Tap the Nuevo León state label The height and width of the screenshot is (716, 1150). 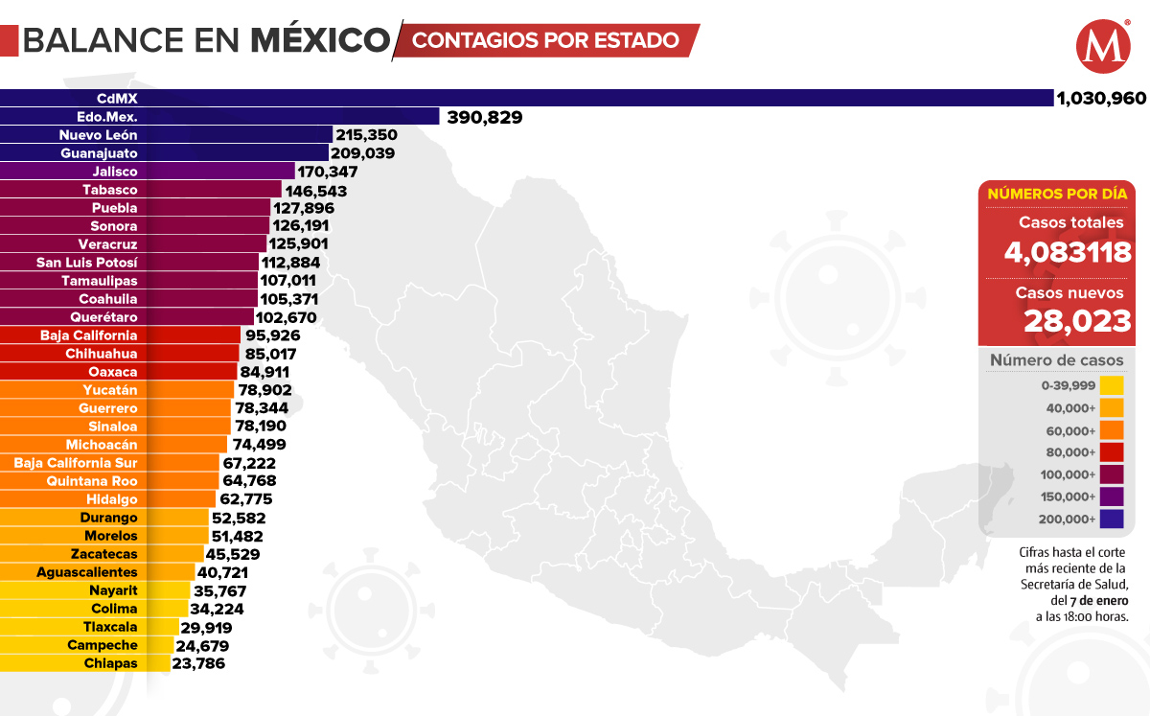98,135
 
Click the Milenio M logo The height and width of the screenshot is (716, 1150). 1103,46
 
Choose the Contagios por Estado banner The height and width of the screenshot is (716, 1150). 546,40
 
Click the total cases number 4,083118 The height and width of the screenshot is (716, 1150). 1062,252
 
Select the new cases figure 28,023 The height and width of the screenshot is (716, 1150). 1077,320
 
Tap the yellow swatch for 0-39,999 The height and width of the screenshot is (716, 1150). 1112,385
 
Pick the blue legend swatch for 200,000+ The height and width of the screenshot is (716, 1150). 1112,520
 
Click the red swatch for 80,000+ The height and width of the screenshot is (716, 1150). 1112,452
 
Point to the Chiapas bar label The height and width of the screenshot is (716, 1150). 110,663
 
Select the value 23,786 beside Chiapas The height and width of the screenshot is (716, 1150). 198,663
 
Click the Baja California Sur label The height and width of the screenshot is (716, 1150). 76,463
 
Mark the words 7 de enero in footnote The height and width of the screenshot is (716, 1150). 1094,601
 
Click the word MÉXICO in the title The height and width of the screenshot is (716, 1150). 321,40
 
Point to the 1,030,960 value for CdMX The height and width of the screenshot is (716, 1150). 1100,98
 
